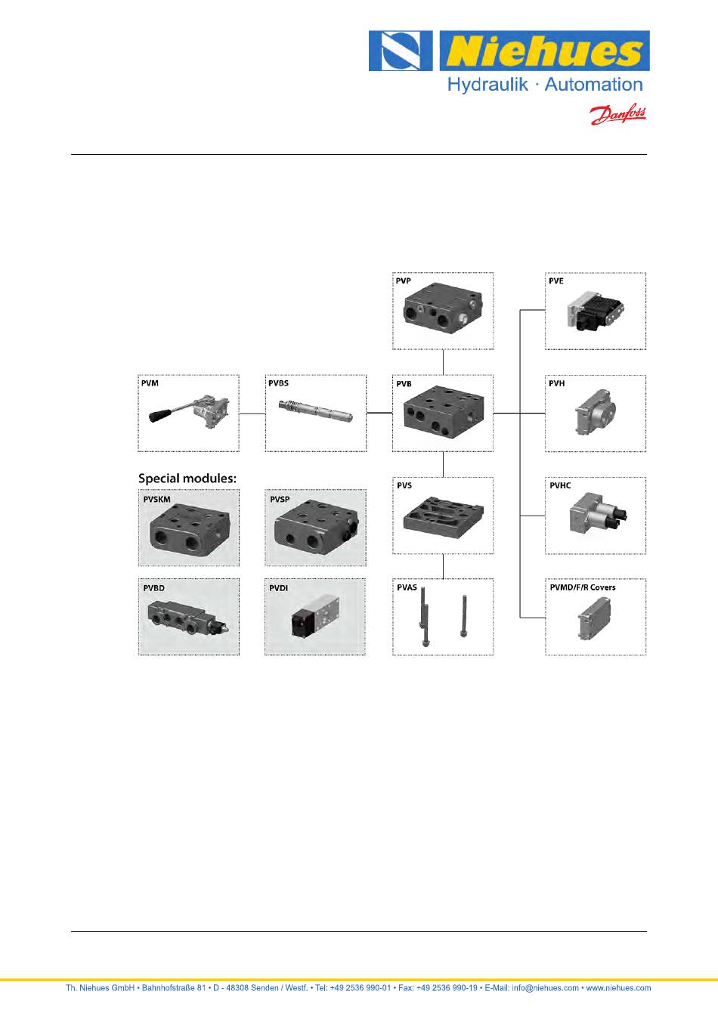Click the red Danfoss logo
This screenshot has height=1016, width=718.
tap(617, 114)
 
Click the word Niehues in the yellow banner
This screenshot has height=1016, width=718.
tap(543, 51)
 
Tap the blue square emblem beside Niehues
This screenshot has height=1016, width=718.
tap(401, 51)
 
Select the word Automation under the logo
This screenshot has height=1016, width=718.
tap(593, 85)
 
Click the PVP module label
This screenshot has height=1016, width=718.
tap(404, 281)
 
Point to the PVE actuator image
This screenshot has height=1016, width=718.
tap(596, 312)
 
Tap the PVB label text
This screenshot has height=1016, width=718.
tap(404, 384)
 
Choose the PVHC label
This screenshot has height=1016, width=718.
tap(560, 485)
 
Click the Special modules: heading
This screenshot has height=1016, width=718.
tap(187, 478)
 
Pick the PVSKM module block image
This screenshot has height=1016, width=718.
tap(188, 530)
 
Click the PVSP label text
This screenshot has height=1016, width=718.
tap(280, 500)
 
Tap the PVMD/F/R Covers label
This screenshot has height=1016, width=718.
tap(582, 587)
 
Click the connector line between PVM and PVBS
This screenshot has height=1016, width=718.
tap(252, 414)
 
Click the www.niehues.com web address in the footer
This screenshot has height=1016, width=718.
tap(618, 987)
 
